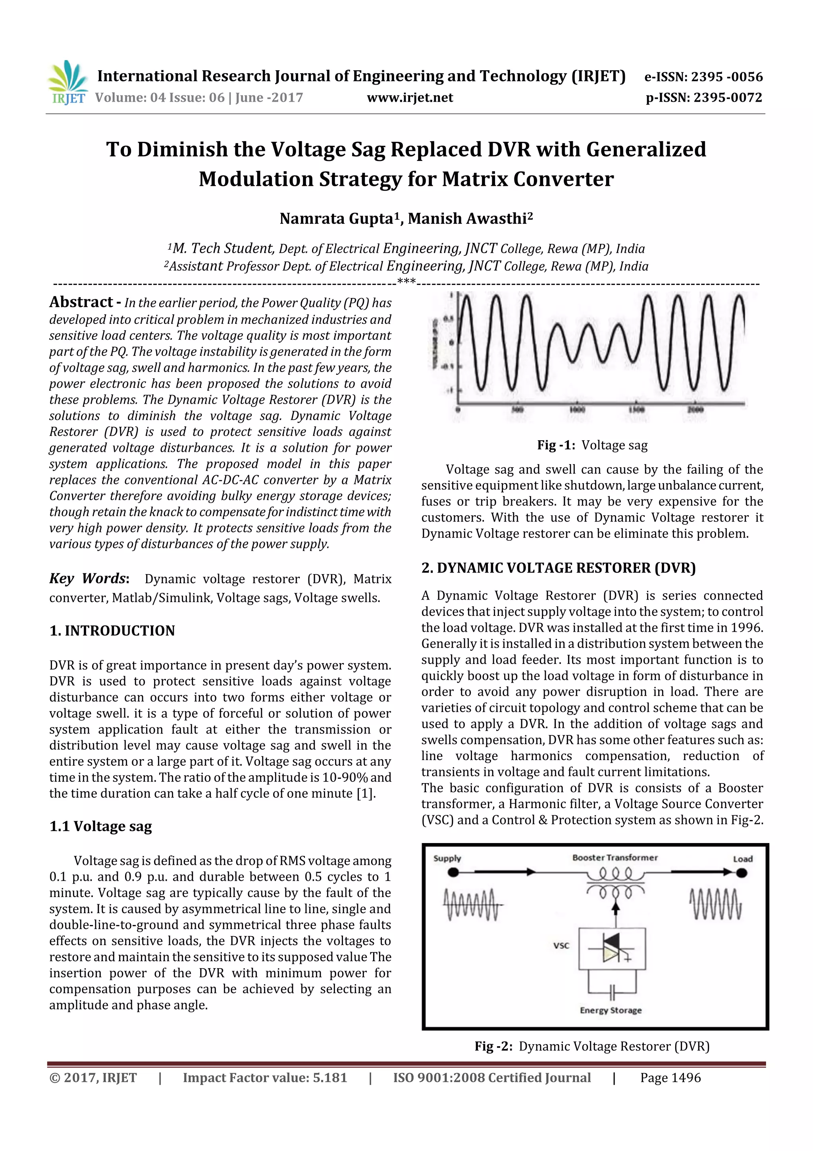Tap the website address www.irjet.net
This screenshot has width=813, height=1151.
(409, 98)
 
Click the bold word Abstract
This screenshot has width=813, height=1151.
(81, 302)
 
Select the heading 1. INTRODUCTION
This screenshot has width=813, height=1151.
(112, 631)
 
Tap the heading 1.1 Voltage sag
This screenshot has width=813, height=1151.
(101, 826)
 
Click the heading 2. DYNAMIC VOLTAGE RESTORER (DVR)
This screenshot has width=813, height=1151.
(558, 568)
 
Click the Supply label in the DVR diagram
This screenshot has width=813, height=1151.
(447, 858)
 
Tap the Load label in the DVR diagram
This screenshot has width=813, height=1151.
(742, 859)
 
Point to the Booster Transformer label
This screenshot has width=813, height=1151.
(615, 858)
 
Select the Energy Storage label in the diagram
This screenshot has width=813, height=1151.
(610, 1010)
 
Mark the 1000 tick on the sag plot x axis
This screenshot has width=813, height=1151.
(577, 410)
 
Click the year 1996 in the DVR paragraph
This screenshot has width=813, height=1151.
(746, 628)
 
